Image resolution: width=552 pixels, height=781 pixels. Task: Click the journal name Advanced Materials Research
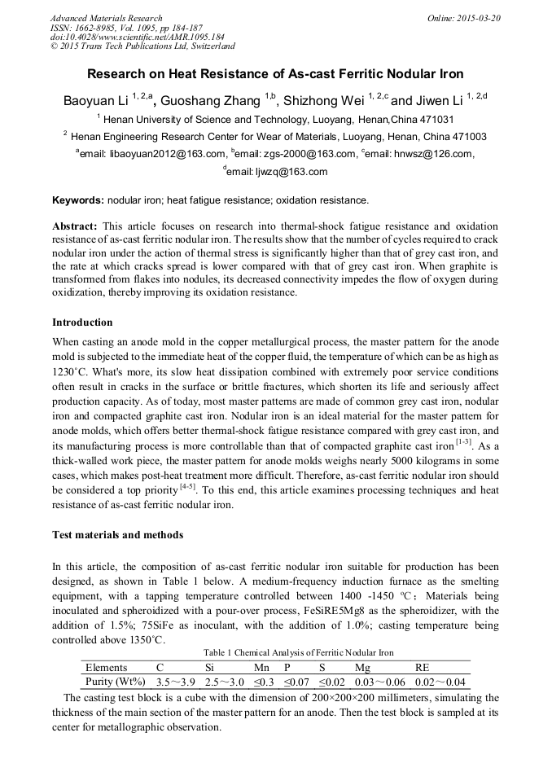(x=106, y=18)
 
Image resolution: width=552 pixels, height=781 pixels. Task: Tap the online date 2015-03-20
(x=477, y=18)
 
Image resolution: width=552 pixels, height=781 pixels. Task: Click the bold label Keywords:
(x=78, y=200)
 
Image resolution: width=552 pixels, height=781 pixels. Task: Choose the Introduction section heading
(x=82, y=322)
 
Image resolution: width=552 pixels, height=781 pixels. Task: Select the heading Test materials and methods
(x=117, y=535)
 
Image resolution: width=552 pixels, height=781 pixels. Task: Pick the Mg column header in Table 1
(x=362, y=667)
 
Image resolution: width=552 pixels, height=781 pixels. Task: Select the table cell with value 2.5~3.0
(x=223, y=682)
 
